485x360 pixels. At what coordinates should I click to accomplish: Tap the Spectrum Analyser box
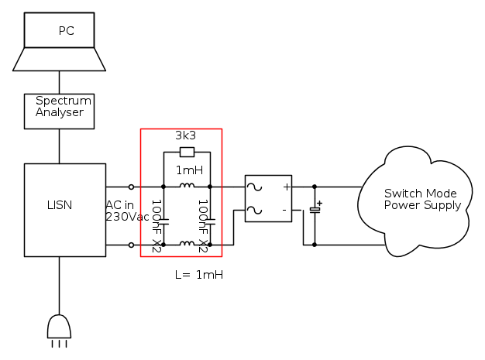click(x=59, y=111)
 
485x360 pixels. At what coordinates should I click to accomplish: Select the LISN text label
click(x=60, y=205)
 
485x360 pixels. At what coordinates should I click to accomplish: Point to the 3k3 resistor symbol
click(x=187, y=153)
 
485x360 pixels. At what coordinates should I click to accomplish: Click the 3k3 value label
click(x=185, y=135)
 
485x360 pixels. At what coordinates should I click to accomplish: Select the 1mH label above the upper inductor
click(x=188, y=170)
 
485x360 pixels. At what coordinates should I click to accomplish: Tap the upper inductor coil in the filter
click(x=187, y=186)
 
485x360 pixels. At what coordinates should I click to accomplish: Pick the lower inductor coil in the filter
click(x=187, y=244)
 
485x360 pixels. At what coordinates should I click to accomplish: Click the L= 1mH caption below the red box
click(x=199, y=275)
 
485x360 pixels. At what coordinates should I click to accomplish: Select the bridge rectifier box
click(x=268, y=198)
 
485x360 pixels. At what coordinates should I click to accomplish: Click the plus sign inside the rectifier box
click(x=286, y=187)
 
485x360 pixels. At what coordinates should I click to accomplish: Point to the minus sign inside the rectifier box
click(x=284, y=210)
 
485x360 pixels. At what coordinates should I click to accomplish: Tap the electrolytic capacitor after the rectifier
click(x=315, y=210)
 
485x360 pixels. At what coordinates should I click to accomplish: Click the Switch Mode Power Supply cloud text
click(x=421, y=199)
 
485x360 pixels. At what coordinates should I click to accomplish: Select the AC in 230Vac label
click(x=127, y=211)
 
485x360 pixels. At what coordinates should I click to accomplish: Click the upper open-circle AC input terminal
click(x=131, y=187)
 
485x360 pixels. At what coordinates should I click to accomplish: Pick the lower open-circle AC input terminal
click(x=131, y=245)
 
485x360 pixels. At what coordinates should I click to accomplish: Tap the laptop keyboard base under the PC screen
click(x=59, y=60)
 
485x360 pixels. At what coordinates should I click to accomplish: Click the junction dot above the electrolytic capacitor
click(x=315, y=187)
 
